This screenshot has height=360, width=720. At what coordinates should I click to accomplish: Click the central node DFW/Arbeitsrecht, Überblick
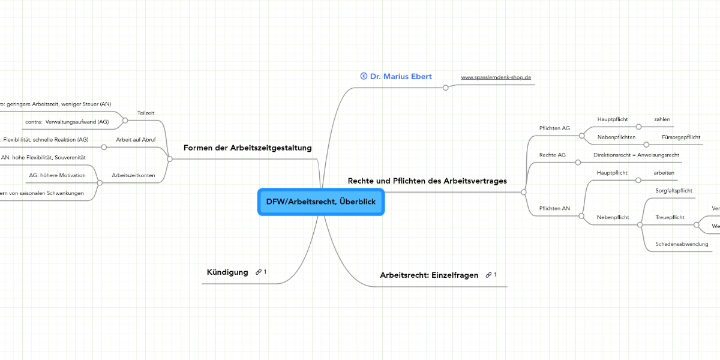(x=320, y=202)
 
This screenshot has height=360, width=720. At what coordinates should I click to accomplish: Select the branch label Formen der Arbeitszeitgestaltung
(x=247, y=148)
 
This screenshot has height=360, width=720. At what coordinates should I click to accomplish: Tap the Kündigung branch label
(x=227, y=272)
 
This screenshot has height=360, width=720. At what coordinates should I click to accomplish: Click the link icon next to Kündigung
(x=259, y=272)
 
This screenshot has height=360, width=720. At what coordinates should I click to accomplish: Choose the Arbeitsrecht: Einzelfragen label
(x=429, y=275)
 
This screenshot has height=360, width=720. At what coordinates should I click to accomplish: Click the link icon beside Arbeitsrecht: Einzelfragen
(x=489, y=275)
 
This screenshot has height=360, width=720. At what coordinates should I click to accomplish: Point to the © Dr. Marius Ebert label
(x=396, y=76)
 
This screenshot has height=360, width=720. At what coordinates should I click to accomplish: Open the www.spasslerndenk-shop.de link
(x=496, y=77)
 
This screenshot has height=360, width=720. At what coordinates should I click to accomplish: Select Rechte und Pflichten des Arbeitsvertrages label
(x=427, y=180)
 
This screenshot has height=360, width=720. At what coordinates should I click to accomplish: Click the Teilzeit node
(x=146, y=112)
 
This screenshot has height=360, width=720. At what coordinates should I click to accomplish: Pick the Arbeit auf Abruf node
(x=136, y=139)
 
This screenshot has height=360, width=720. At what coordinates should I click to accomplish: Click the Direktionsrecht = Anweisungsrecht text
(x=636, y=155)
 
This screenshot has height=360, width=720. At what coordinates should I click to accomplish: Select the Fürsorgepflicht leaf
(x=680, y=137)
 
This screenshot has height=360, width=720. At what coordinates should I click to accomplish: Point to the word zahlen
(x=662, y=119)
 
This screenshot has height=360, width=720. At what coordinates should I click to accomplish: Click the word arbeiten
(x=664, y=173)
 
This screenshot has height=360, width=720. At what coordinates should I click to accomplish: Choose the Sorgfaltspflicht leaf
(x=674, y=190)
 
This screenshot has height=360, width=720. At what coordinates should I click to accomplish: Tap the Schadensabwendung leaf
(x=682, y=244)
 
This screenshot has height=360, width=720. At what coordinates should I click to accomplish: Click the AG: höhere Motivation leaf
(x=57, y=175)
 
